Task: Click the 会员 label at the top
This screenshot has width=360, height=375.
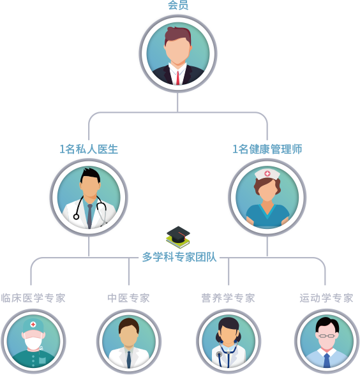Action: pyautogui.click(x=178, y=5)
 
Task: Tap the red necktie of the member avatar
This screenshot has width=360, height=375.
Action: pyautogui.click(x=177, y=78)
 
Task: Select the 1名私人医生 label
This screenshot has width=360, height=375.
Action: pyautogui.click(x=89, y=149)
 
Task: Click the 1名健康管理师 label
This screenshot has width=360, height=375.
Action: pyautogui.click(x=267, y=149)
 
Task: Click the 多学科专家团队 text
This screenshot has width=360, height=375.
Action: pyautogui.click(x=179, y=257)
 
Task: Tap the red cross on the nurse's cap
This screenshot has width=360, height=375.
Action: pyautogui.click(x=267, y=173)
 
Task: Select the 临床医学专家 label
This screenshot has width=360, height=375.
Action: pyautogui.click(x=33, y=298)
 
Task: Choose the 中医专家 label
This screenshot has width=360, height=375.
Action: pyautogui.click(x=128, y=298)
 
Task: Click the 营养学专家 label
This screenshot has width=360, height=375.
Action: pyautogui.click(x=228, y=298)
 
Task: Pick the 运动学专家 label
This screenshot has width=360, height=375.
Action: pyautogui.click(x=327, y=298)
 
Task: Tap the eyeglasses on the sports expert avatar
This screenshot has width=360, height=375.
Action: pyautogui.click(x=327, y=336)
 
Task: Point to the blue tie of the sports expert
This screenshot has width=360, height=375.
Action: pyautogui.click(x=327, y=360)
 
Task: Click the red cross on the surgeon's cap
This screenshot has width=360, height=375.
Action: pyautogui.click(x=33, y=325)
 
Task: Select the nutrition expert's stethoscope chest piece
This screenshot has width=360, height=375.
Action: pyautogui.click(x=219, y=354)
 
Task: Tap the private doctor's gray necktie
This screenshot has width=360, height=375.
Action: pyautogui.click(x=89, y=216)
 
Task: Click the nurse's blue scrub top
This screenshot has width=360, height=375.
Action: pyautogui.click(x=267, y=216)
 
